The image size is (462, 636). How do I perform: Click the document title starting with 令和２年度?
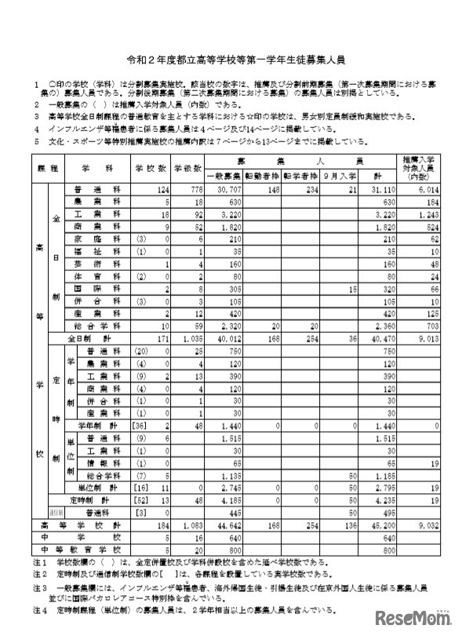[x=231, y=59]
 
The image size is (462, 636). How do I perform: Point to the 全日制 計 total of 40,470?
[x=380, y=338]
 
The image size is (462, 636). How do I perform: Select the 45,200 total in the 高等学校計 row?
[x=380, y=524]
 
